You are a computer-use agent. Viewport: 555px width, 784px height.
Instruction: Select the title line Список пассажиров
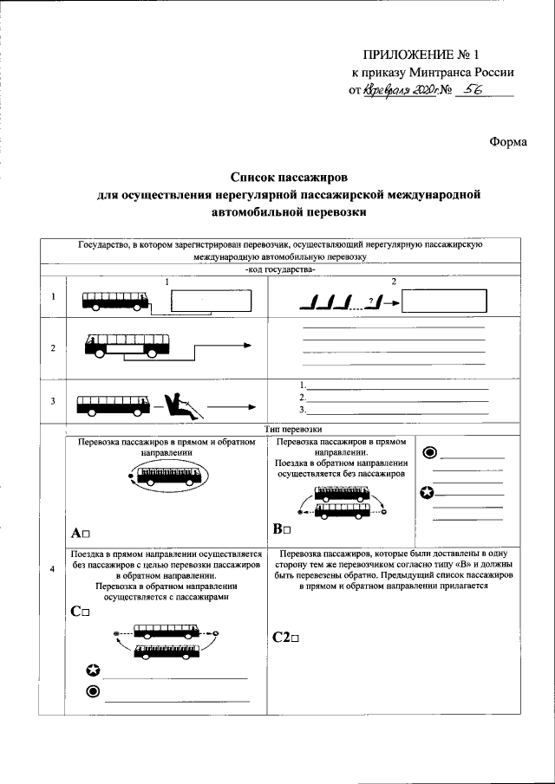[x=288, y=176]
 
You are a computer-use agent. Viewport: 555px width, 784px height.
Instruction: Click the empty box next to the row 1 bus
[x=211, y=301]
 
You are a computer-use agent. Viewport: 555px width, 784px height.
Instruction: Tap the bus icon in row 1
[x=115, y=301]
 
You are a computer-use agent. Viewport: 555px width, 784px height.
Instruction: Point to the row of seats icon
[x=330, y=302]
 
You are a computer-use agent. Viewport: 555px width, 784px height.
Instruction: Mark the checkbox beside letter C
[x=86, y=612]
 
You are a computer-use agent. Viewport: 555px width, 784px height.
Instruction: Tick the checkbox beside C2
[x=295, y=638]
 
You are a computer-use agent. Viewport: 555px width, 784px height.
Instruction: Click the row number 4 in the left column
[x=53, y=568]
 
